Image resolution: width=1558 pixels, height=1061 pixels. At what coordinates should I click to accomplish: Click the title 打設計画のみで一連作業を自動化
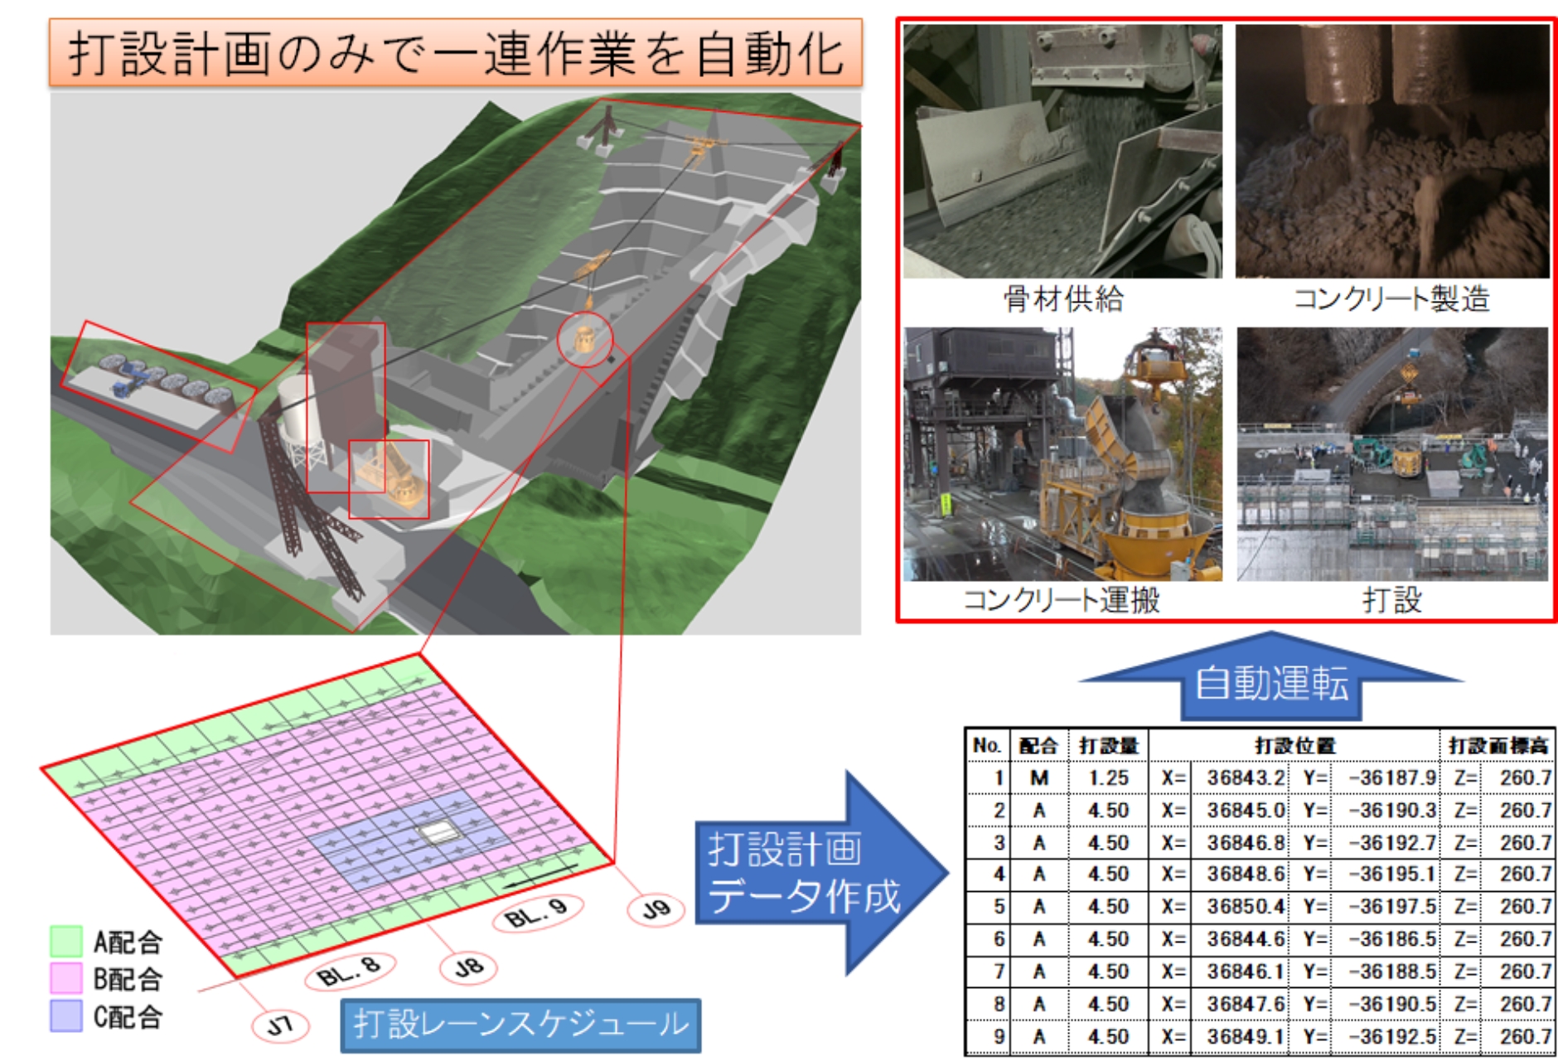[455, 54]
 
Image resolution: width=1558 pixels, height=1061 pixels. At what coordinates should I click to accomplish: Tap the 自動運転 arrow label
[1271, 683]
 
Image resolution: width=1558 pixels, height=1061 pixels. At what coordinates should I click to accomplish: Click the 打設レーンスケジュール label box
[520, 1025]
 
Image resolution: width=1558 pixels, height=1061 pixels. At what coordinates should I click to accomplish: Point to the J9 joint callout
[656, 909]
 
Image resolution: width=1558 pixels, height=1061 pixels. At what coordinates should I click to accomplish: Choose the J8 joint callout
[468, 967]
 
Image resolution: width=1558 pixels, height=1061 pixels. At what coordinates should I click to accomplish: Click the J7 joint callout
[280, 1025]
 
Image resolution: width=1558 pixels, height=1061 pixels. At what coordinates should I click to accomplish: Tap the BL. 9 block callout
[537, 915]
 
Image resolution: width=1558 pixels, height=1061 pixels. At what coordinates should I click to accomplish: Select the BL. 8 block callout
[350, 971]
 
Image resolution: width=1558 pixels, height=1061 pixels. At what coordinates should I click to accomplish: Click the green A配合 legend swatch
[66, 942]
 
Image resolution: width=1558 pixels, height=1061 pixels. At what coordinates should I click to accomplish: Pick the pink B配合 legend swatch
[66, 978]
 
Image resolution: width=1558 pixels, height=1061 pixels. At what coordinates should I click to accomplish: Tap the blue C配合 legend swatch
[66, 1015]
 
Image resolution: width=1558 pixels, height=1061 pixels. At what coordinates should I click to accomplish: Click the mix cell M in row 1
[1039, 778]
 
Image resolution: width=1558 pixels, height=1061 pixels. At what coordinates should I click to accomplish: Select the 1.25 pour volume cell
[1108, 778]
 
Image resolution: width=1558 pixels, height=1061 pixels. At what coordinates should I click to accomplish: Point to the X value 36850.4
[1246, 906]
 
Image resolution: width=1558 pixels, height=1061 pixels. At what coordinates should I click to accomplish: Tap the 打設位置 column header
[1294, 745]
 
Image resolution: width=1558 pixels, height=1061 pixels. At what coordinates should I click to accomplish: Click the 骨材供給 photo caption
[1063, 298]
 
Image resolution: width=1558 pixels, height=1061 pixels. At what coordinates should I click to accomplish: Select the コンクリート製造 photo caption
[1391, 298]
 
